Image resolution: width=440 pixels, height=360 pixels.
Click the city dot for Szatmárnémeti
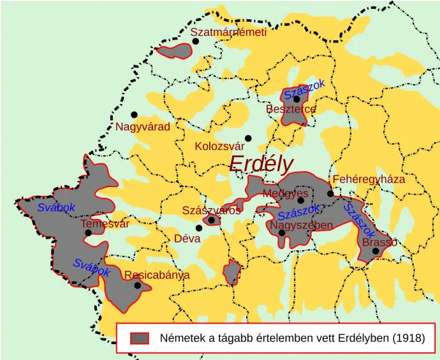196,41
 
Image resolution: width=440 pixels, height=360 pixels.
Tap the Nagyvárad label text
143,126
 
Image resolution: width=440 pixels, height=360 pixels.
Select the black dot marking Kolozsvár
248,139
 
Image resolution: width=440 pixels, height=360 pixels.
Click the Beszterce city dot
297,99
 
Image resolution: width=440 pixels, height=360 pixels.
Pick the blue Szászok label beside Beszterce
305,89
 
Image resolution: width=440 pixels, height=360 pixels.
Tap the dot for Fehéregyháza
330,193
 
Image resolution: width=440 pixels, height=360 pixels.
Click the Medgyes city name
285,193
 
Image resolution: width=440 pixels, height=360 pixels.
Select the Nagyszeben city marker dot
281,233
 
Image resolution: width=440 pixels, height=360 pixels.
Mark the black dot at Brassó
376,251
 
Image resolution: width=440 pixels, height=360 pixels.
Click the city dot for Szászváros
211,220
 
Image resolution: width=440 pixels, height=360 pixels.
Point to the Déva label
187,239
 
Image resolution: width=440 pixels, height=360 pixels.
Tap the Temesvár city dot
88,232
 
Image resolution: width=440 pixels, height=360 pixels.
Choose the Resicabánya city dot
137,285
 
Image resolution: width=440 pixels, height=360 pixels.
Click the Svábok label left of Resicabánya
91,267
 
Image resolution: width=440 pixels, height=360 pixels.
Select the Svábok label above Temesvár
56,207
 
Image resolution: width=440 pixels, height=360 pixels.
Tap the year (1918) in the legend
408,338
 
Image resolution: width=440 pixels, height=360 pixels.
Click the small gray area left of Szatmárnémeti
173,50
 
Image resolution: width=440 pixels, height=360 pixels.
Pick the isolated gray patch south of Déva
231,273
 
